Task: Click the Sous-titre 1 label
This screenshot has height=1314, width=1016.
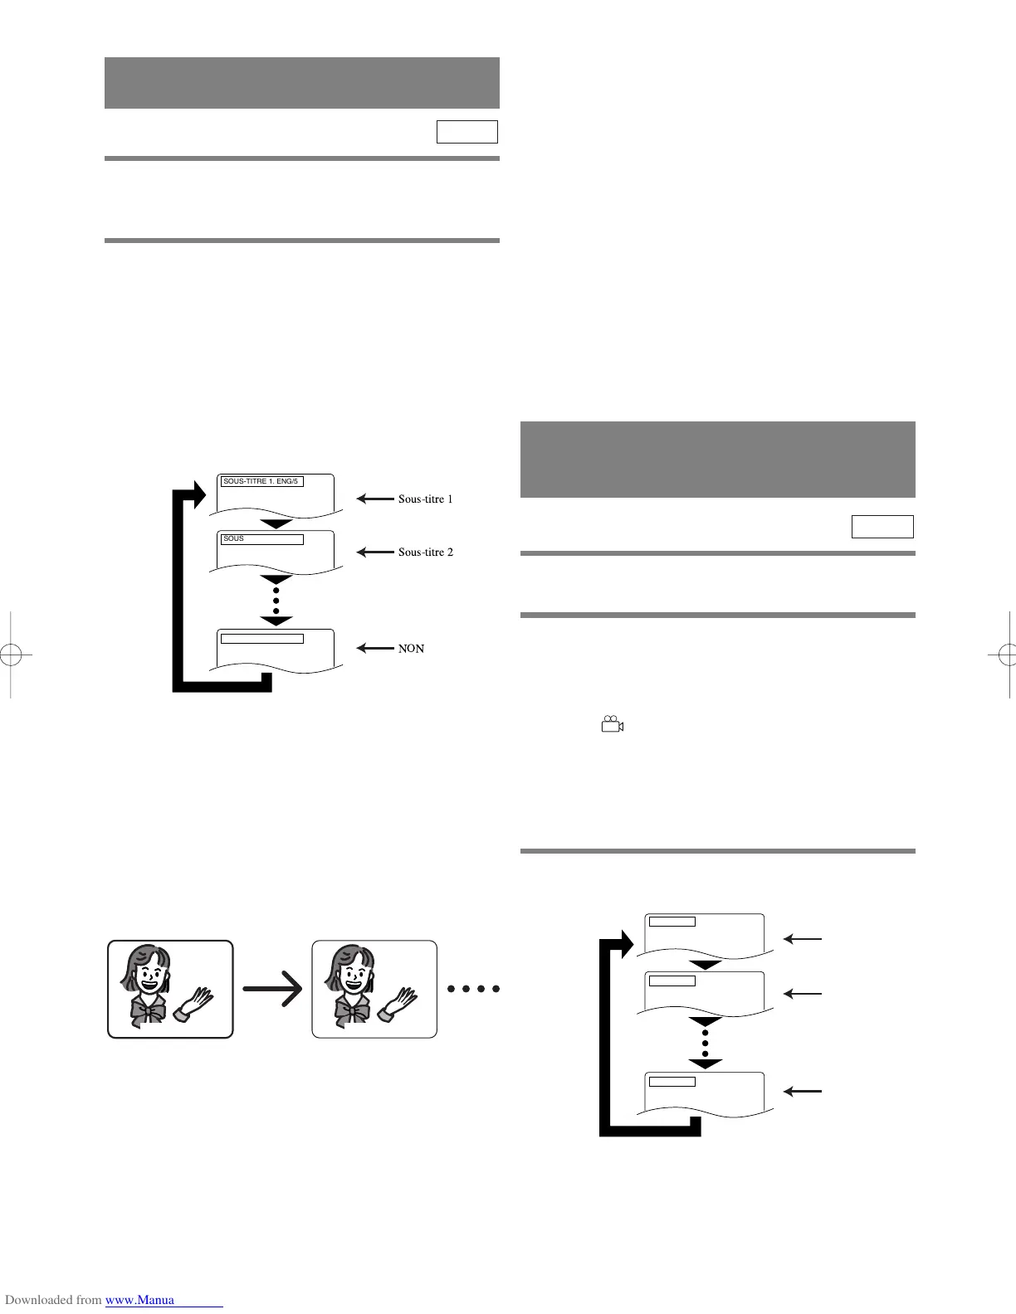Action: click(x=425, y=499)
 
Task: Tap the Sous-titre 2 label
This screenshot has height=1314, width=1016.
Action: click(x=425, y=552)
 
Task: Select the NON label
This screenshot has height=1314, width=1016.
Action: click(x=411, y=649)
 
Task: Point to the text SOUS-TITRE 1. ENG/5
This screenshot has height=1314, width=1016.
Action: click(x=261, y=481)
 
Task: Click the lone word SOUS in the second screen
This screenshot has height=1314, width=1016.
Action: click(x=234, y=539)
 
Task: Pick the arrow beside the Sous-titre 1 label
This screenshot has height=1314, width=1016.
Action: click(x=375, y=499)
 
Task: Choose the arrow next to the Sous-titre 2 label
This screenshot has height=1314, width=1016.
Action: click(x=375, y=552)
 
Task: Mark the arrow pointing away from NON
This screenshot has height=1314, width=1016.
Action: click(x=375, y=649)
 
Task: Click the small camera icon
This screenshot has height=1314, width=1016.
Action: click(x=612, y=724)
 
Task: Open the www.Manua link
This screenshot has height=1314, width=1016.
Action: click(x=139, y=1300)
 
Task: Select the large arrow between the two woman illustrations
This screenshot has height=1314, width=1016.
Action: click(x=273, y=989)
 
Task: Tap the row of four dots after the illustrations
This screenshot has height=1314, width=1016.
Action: click(x=473, y=989)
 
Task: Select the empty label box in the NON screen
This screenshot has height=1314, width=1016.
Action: click(x=262, y=639)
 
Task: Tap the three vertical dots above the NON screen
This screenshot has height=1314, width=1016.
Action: click(x=276, y=600)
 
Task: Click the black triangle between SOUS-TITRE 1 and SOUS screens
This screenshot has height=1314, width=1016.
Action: click(x=276, y=524)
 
